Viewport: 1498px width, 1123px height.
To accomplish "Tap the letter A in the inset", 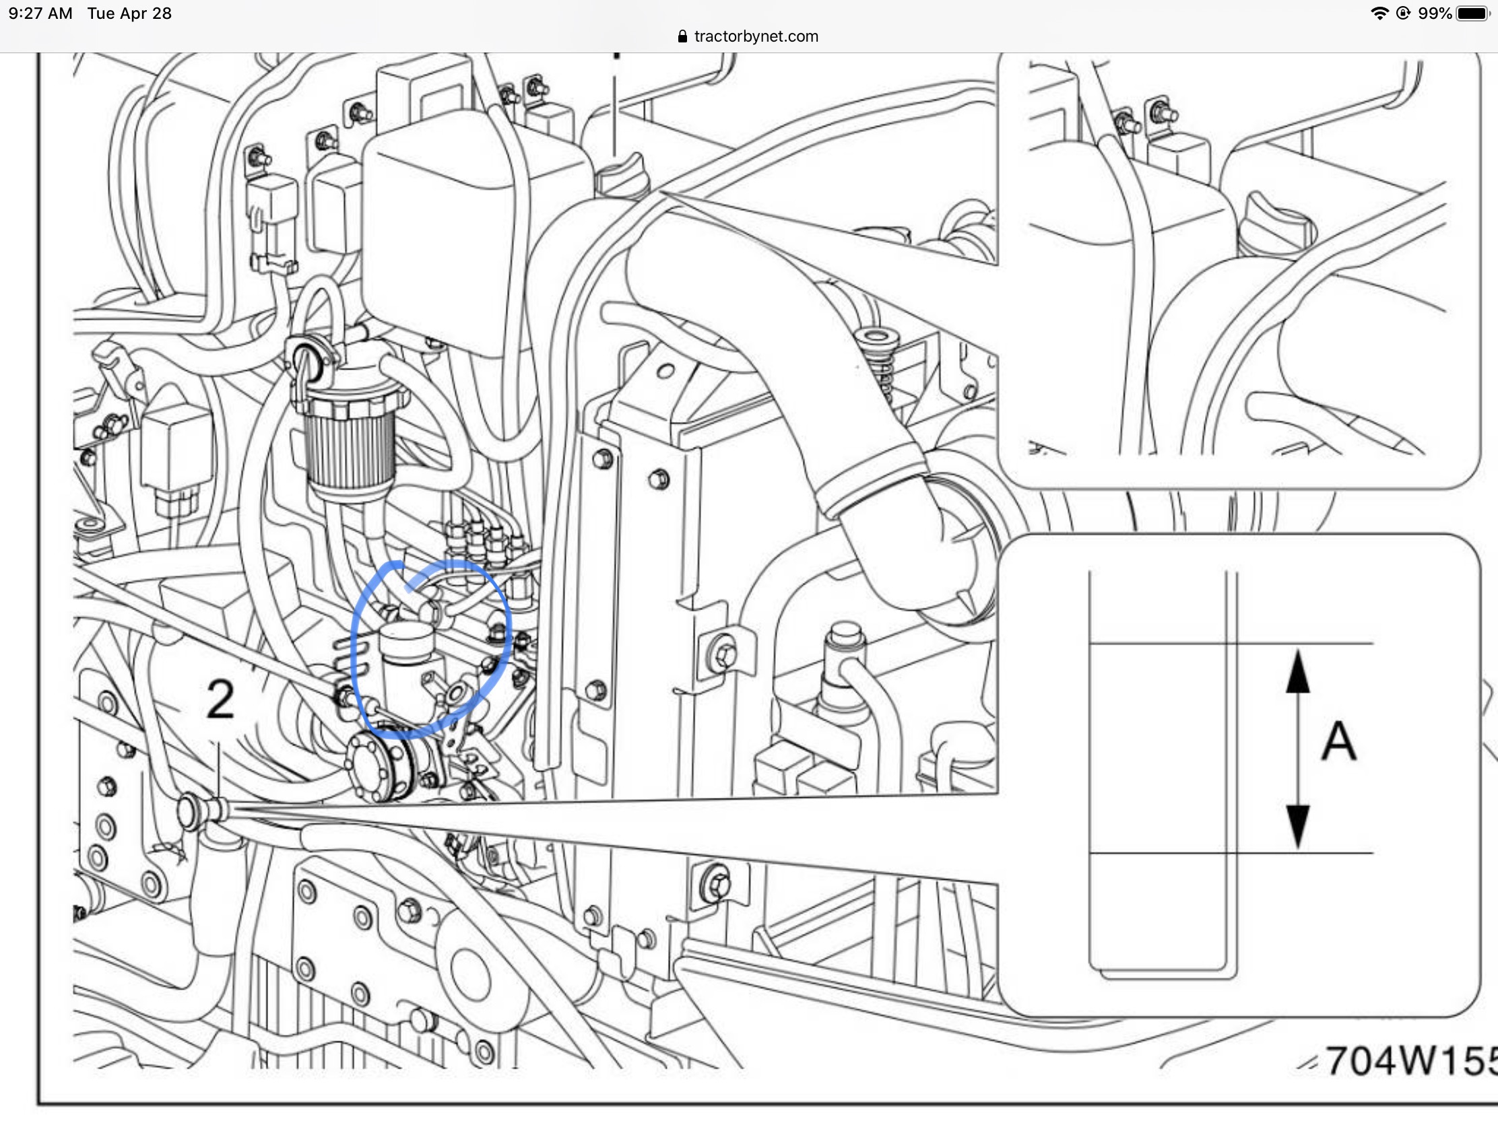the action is click(1338, 741).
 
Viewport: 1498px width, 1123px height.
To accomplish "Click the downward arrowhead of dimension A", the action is click(1297, 827).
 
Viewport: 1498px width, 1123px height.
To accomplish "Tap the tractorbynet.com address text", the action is click(756, 36).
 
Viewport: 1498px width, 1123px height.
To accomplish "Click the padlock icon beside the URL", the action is click(682, 36).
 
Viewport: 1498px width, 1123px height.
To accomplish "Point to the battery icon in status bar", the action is click(1472, 13).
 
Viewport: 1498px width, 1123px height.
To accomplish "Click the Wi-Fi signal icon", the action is click(1379, 13).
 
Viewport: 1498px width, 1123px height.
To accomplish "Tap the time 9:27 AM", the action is click(40, 13).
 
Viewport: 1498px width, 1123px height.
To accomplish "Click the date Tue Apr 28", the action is click(129, 13).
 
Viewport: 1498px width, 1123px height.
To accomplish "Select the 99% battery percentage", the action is click(1434, 13).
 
